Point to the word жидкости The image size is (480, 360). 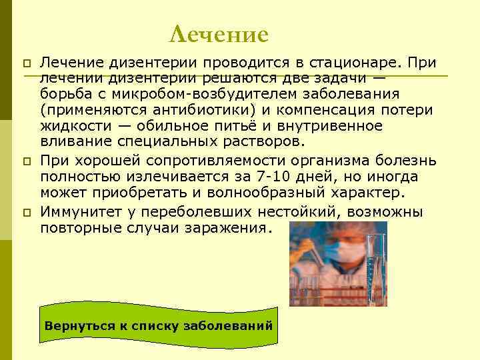coord(73,125)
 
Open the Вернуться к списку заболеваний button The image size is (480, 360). coord(159,326)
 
